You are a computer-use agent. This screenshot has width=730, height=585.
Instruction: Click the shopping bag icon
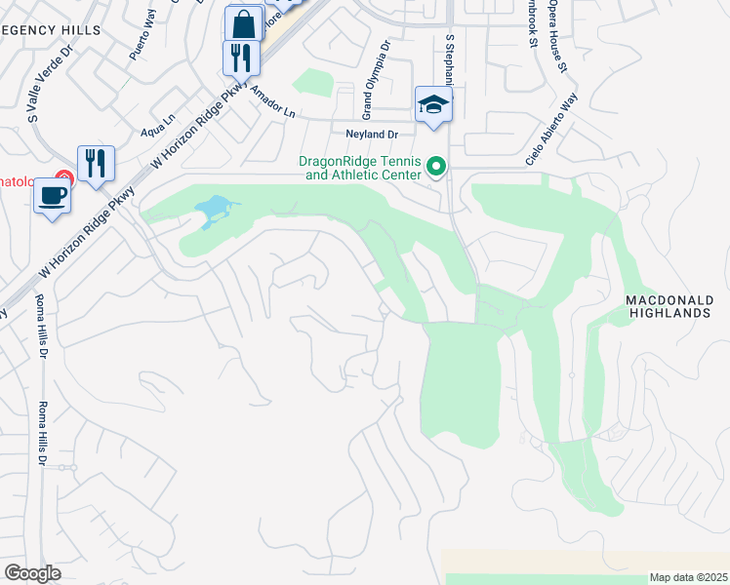tap(243, 23)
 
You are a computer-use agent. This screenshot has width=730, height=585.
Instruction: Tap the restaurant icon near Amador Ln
tap(240, 57)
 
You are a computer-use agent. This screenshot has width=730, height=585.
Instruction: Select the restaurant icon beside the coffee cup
tap(96, 162)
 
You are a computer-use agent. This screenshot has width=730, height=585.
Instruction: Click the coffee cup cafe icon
tap(53, 195)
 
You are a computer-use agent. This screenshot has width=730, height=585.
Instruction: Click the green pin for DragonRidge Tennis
tap(436, 169)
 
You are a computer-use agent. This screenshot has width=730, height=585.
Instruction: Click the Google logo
tap(33, 572)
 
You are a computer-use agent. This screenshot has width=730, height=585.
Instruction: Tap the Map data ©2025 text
tap(687, 576)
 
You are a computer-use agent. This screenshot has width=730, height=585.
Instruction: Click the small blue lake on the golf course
tap(214, 209)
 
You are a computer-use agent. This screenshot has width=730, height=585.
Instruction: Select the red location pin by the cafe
tap(63, 178)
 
